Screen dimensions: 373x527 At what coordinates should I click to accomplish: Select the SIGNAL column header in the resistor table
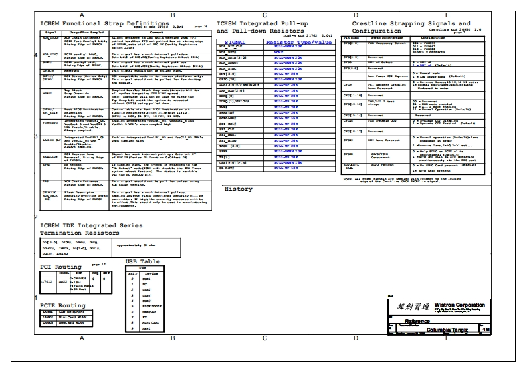[x=231, y=41]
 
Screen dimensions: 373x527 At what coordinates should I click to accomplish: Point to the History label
[x=238, y=189]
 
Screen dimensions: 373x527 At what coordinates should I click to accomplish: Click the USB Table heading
[x=142, y=261]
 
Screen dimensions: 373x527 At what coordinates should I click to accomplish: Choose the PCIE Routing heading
[x=62, y=305]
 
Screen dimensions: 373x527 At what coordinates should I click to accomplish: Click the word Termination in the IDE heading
[x=64, y=233]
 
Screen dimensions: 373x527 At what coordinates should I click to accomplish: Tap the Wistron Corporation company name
[x=459, y=301]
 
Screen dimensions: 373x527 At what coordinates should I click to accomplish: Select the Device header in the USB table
[x=152, y=273]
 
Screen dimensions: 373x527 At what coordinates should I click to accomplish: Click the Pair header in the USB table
[x=132, y=273]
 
